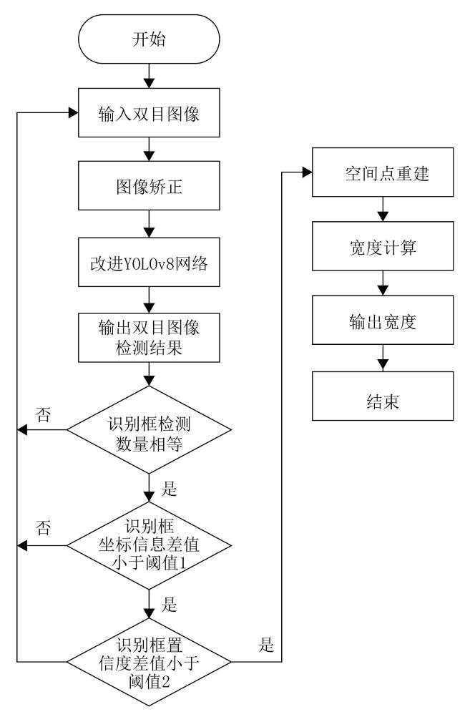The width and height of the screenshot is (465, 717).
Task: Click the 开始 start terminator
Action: click(x=149, y=39)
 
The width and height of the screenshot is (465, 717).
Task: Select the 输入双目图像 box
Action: click(x=149, y=112)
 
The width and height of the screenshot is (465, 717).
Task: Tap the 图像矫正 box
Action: click(x=149, y=185)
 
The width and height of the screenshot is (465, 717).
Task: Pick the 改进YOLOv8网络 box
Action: click(x=149, y=262)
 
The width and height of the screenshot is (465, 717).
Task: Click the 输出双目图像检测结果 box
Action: click(x=149, y=338)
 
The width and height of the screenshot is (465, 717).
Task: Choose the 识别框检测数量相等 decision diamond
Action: click(x=149, y=430)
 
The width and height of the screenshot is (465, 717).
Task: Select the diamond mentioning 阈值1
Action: click(x=149, y=545)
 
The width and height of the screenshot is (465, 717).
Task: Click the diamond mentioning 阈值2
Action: click(x=149, y=662)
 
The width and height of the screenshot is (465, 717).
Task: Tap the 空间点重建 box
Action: click(x=383, y=172)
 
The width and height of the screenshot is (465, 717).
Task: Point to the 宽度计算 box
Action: click(x=383, y=246)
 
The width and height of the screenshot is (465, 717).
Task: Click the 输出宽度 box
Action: click(x=383, y=320)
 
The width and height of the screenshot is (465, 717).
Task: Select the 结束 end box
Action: click(x=383, y=396)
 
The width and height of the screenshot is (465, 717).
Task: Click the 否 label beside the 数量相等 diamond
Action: click(x=44, y=414)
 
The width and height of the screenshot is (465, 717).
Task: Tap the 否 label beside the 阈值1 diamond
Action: click(x=44, y=527)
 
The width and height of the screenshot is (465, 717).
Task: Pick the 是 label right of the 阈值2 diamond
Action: click(x=266, y=645)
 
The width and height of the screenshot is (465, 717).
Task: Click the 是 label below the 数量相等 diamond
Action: click(x=169, y=488)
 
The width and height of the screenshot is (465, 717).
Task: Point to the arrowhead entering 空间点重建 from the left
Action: click(x=307, y=172)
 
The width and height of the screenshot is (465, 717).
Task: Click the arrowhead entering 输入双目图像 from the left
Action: click(x=73, y=112)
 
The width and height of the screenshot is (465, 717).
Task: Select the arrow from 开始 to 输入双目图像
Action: click(x=149, y=76)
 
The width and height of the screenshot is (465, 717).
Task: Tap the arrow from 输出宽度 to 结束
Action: click(x=383, y=358)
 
